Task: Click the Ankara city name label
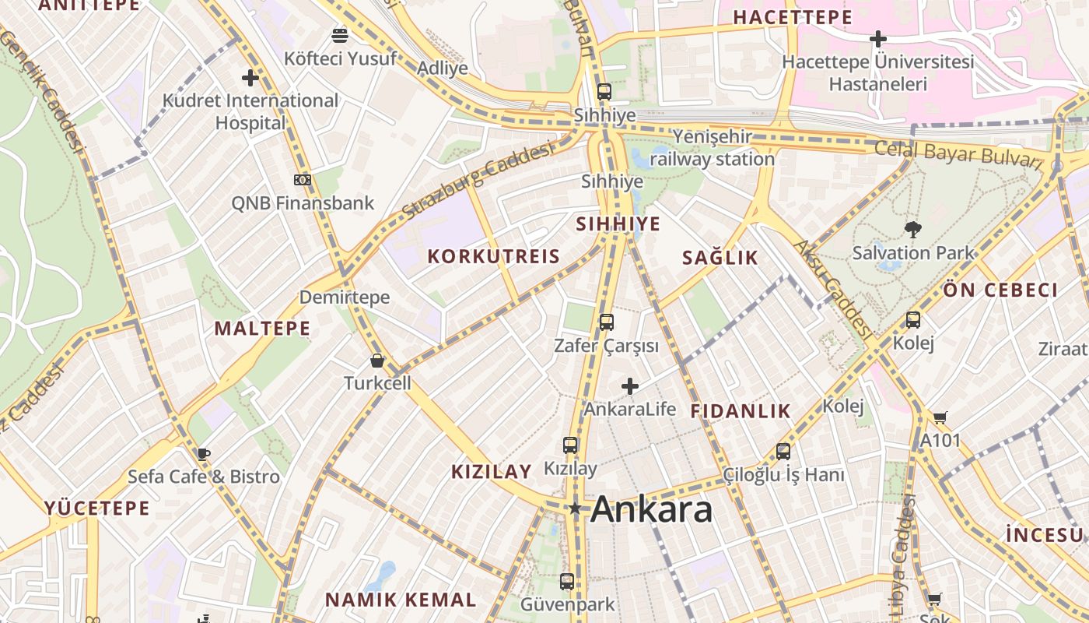pyautogui.click(x=651, y=510)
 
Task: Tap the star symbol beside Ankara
pyautogui.click(x=575, y=509)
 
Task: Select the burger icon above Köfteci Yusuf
pyautogui.click(x=340, y=35)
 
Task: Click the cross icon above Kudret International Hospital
pyautogui.click(x=250, y=78)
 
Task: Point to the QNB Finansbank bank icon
pyautogui.click(x=303, y=180)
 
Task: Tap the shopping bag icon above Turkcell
pyautogui.click(x=377, y=361)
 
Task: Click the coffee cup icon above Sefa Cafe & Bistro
pyautogui.click(x=203, y=454)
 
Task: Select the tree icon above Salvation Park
pyautogui.click(x=913, y=229)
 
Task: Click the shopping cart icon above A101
pyautogui.click(x=940, y=417)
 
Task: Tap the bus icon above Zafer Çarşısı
pyautogui.click(x=606, y=322)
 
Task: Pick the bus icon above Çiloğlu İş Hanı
pyautogui.click(x=783, y=451)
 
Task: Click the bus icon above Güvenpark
pyautogui.click(x=567, y=581)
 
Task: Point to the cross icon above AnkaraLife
pyautogui.click(x=630, y=385)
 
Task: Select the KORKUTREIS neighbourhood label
pyautogui.click(x=493, y=256)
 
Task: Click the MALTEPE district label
pyautogui.click(x=262, y=328)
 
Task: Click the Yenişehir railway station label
pyautogui.click(x=712, y=148)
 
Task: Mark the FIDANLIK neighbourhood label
pyautogui.click(x=740, y=411)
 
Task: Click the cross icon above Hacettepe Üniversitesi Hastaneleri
pyautogui.click(x=878, y=38)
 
